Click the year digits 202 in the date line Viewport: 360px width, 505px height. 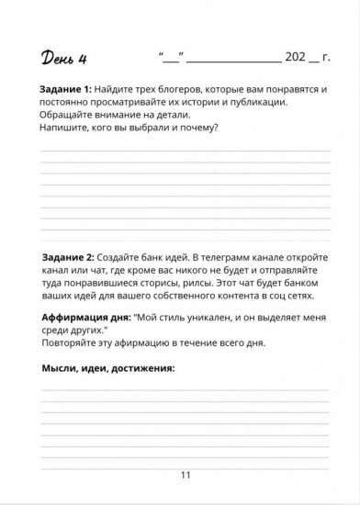295,57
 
